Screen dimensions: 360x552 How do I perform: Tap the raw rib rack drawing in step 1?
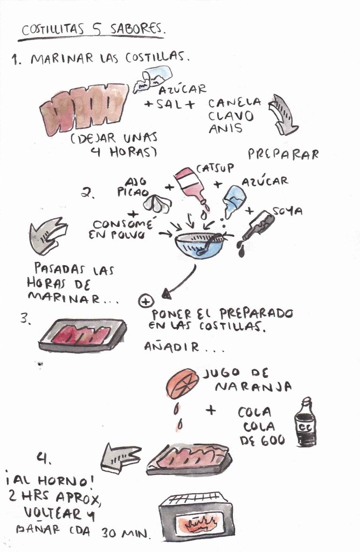coord(84,108)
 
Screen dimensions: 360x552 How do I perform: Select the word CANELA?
coord(235,103)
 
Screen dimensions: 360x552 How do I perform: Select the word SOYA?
coord(287,211)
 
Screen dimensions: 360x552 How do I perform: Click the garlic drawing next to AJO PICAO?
coord(157,203)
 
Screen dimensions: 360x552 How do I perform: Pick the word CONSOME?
coord(123,224)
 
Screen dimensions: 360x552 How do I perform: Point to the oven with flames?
coord(196,517)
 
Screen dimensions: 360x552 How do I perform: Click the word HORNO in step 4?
coord(63,481)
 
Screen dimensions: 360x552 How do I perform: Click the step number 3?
coord(26,319)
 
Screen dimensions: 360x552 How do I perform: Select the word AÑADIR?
coord(171,347)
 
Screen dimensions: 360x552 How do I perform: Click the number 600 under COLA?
coord(273,440)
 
